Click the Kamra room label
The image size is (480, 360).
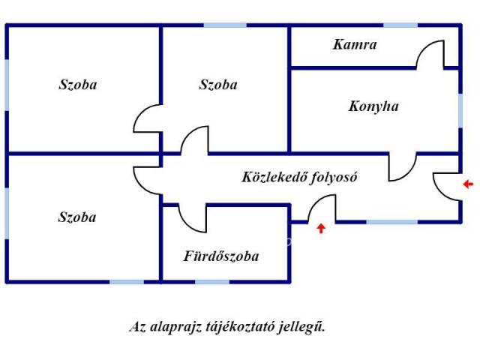tap(355, 44)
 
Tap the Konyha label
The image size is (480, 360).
tap(373, 106)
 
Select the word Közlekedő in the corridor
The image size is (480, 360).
tap(271, 178)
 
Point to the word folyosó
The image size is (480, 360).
tap(330, 178)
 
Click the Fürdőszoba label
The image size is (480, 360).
tap(221, 256)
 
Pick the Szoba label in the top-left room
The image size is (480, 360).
tap(78, 85)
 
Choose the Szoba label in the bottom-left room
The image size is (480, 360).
tap(77, 217)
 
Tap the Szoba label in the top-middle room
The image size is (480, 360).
tap(218, 85)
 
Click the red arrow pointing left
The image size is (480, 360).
tap(468, 184)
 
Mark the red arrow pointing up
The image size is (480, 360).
tap(321, 228)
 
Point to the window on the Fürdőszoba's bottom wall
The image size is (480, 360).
tap(212, 281)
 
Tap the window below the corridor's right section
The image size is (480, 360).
tap(391, 222)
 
